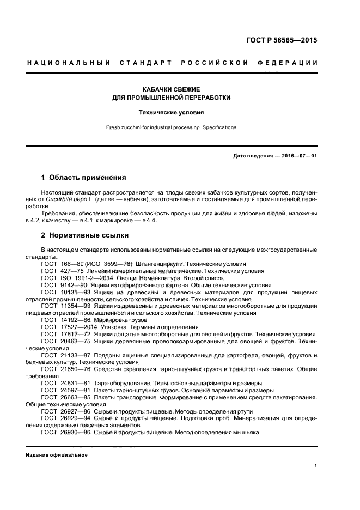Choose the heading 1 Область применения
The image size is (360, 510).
click(84, 178)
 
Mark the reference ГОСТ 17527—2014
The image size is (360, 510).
click(66, 327)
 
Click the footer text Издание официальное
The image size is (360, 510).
click(57, 454)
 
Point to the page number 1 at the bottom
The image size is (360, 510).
click(316, 466)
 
